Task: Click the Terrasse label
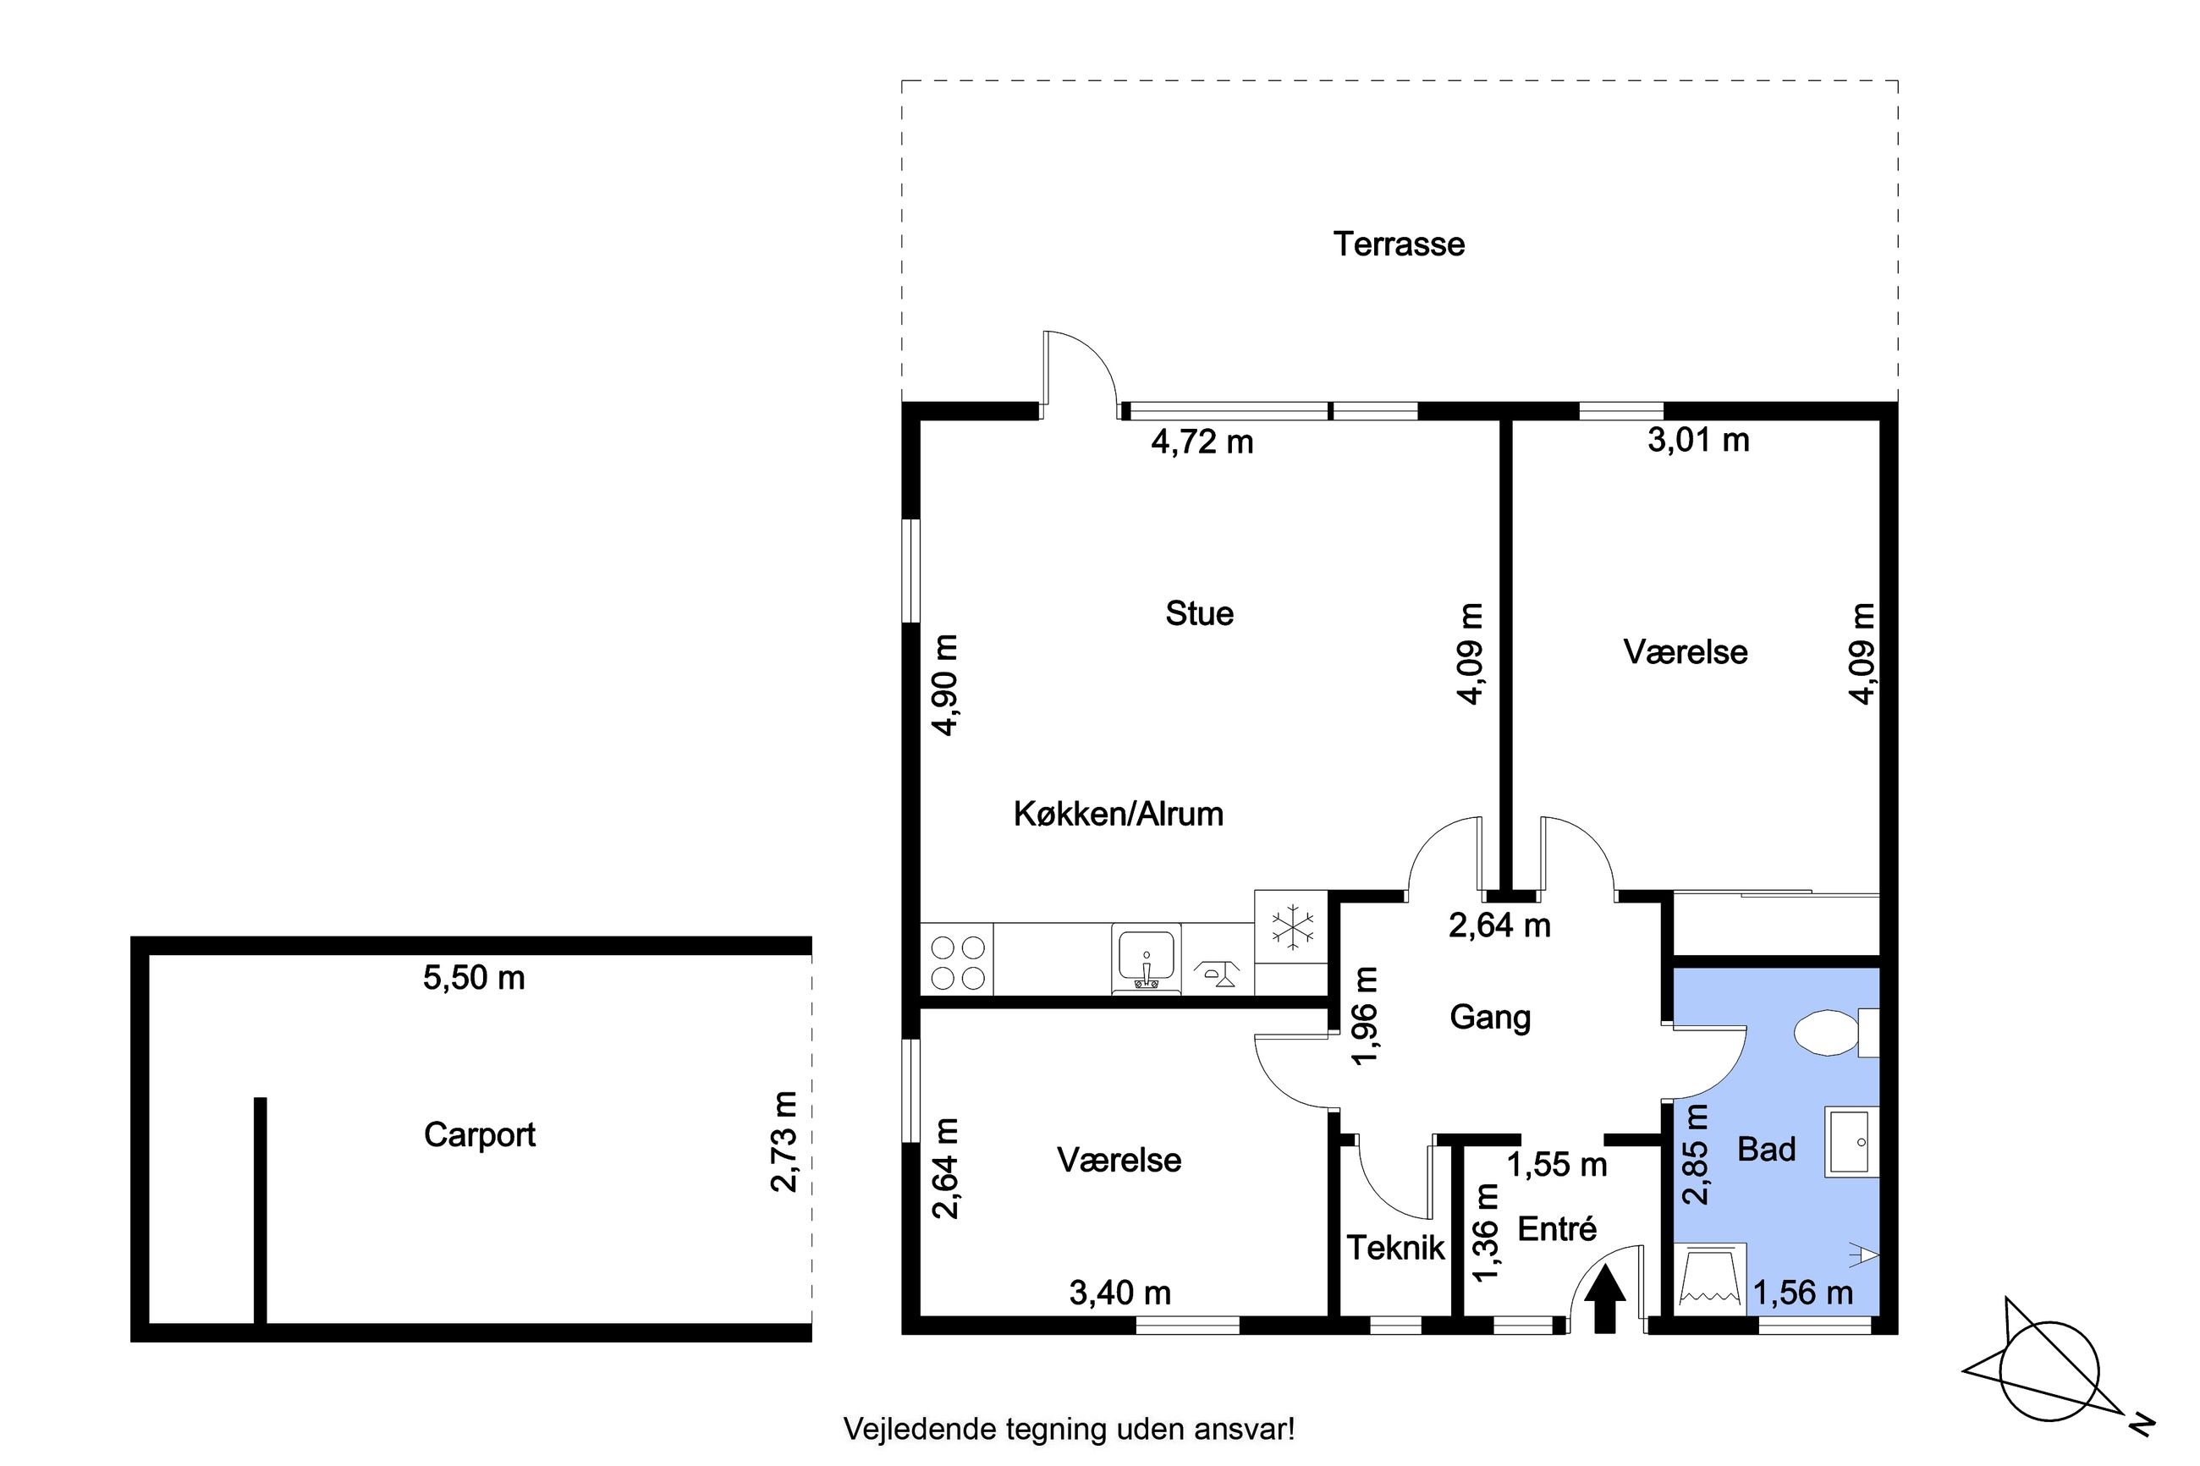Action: (1399, 244)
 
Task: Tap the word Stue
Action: (1200, 613)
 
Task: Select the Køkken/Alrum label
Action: (1119, 814)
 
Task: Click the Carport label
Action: (480, 1135)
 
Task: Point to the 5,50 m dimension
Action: (474, 978)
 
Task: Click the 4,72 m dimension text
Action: (1202, 442)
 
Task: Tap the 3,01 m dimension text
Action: (1698, 439)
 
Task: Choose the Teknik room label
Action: (1395, 1247)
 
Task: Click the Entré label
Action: (1557, 1228)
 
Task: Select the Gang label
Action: (1490, 1017)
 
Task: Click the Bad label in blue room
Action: (1766, 1149)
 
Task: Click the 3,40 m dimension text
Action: (1120, 1293)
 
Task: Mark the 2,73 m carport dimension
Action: (784, 1141)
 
